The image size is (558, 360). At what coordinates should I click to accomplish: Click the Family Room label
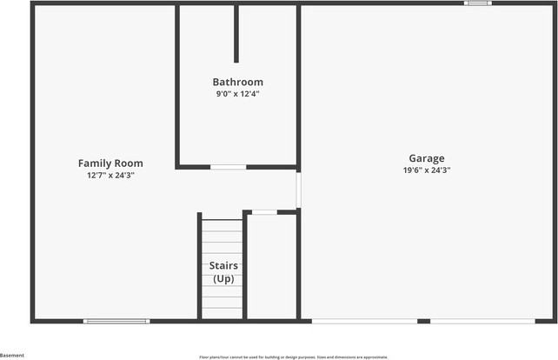[x=110, y=163]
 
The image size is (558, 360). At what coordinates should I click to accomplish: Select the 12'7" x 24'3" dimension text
[x=110, y=175]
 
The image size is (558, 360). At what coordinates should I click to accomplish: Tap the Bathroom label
[x=237, y=82]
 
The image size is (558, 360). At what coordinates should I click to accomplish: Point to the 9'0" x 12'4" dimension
[x=237, y=94]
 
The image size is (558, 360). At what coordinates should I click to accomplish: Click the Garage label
[x=426, y=158]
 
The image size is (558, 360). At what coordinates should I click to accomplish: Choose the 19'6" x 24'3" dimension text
[x=426, y=170]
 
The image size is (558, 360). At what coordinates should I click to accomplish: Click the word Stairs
[x=223, y=265]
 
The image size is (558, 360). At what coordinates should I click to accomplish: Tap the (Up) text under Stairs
[x=223, y=278]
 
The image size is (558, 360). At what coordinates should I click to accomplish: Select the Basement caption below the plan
[x=12, y=355]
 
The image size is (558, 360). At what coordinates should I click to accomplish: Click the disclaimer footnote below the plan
[x=293, y=357]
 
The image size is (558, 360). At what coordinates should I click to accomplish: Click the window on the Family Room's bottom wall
[x=116, y=321]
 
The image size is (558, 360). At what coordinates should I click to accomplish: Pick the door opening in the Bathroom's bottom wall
[x=228, y=166]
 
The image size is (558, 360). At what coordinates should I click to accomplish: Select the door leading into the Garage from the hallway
[x=298, y=190]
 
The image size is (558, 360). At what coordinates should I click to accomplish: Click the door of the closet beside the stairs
[x=264, y=211]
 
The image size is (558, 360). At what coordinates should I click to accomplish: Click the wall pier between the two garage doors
[x=423, y=321]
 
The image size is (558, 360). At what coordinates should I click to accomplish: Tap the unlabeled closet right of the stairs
[x=272, y=265]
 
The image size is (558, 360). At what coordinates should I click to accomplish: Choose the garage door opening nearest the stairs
[x=364, y=321]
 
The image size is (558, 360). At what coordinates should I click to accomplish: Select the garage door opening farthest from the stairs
[x=482, y=321]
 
